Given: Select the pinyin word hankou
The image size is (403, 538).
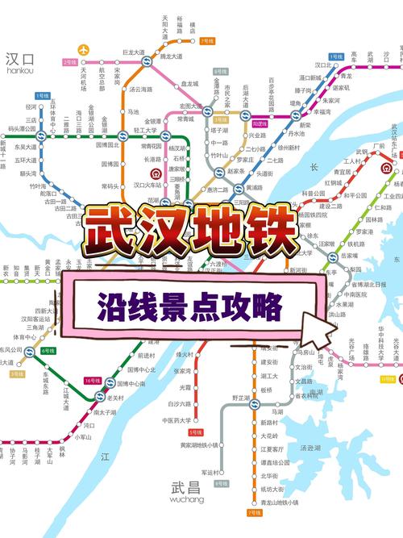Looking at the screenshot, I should [19, 70].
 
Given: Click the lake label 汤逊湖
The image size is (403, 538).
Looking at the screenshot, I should [310, 448].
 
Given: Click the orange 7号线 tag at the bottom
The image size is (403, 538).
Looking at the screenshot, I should [254, 512].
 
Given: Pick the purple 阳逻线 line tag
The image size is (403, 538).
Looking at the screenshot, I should [260, 124].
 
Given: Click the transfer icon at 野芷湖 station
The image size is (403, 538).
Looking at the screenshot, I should [253, 405].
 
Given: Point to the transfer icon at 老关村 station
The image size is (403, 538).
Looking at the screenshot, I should [100, 398].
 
